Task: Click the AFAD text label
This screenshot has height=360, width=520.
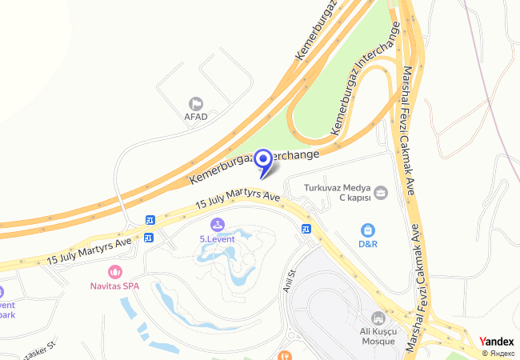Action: pyautogui.click(x=196, y=117)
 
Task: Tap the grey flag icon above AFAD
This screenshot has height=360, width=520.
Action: pyautogui.click(x=196, y=103)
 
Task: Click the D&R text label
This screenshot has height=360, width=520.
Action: pyautogui.click(x=368, y=243)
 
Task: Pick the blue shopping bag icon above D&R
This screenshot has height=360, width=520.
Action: pyautogui.click(x=367, y=230)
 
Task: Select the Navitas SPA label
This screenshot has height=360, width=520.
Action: pyautogui.click(x=114, y=285)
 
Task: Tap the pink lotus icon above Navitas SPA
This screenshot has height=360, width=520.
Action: pyautogui.click(x=114, y=271)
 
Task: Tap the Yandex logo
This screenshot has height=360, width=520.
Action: pyautogui.click(x=497, y=342)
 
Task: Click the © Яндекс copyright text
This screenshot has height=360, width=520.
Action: pyautogui.click(x=498, y=353)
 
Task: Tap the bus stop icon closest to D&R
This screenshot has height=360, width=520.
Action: pyautogui.click(x=306, y=230)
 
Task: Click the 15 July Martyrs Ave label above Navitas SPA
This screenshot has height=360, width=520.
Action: pyautogui.click(x=88, y=249)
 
